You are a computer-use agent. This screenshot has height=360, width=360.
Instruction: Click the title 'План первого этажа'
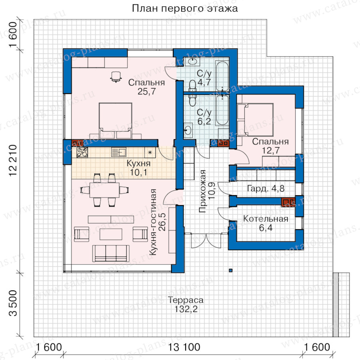pyautogui.click(x=185, y=8)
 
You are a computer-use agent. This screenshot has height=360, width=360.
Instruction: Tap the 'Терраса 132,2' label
pyautogui.click(x=186, y=304)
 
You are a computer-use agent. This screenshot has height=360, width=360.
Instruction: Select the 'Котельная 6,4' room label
pyautogui.click(x=266, y=223)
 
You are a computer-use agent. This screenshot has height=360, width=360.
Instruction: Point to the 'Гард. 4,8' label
pyautogui.click(x=266, y=188)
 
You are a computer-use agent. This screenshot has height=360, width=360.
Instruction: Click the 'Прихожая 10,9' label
pyautogui.click(x=207, y=191)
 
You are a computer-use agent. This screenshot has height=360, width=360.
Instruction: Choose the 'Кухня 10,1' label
pyautogui.click(x=138, y=168)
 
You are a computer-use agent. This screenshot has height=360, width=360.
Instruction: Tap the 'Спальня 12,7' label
pyautogui.click(x=270, y=146)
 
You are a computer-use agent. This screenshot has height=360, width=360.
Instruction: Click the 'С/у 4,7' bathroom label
pyautogui.click(x=204, y=78)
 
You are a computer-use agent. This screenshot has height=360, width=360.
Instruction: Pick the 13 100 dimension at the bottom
pyautogui.click(x=184, y=347)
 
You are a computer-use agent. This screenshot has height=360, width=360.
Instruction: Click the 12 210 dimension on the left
pyautogui.click(x=13, y=160)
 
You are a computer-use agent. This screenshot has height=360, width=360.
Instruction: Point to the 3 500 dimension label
pyautogui.click(x=13, y=303)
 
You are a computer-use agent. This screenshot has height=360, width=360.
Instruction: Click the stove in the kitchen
pyautogui.click(x=82, y=152)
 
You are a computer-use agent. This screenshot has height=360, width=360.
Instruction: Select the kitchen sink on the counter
pyautogui.click(x=118, y=152)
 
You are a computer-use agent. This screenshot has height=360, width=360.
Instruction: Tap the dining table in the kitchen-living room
pyautogui.click(x=104, y=190)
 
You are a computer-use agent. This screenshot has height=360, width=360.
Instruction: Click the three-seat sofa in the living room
pyautogui.click(x=111, y=253)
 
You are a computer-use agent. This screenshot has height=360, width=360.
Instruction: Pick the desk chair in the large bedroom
pyautogui.click(x=116, y=77)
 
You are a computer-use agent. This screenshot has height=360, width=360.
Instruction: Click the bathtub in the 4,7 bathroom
pyautogui.click(x=222, y=75)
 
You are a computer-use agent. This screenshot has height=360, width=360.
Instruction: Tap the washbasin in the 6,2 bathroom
pyautogui.click(x=188, y=130)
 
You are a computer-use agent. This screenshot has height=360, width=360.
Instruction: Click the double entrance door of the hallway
pyautogui.click(x=206, y=240)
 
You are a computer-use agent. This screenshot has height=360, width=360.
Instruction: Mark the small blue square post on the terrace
pyautogui.click(x=231, y=270)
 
